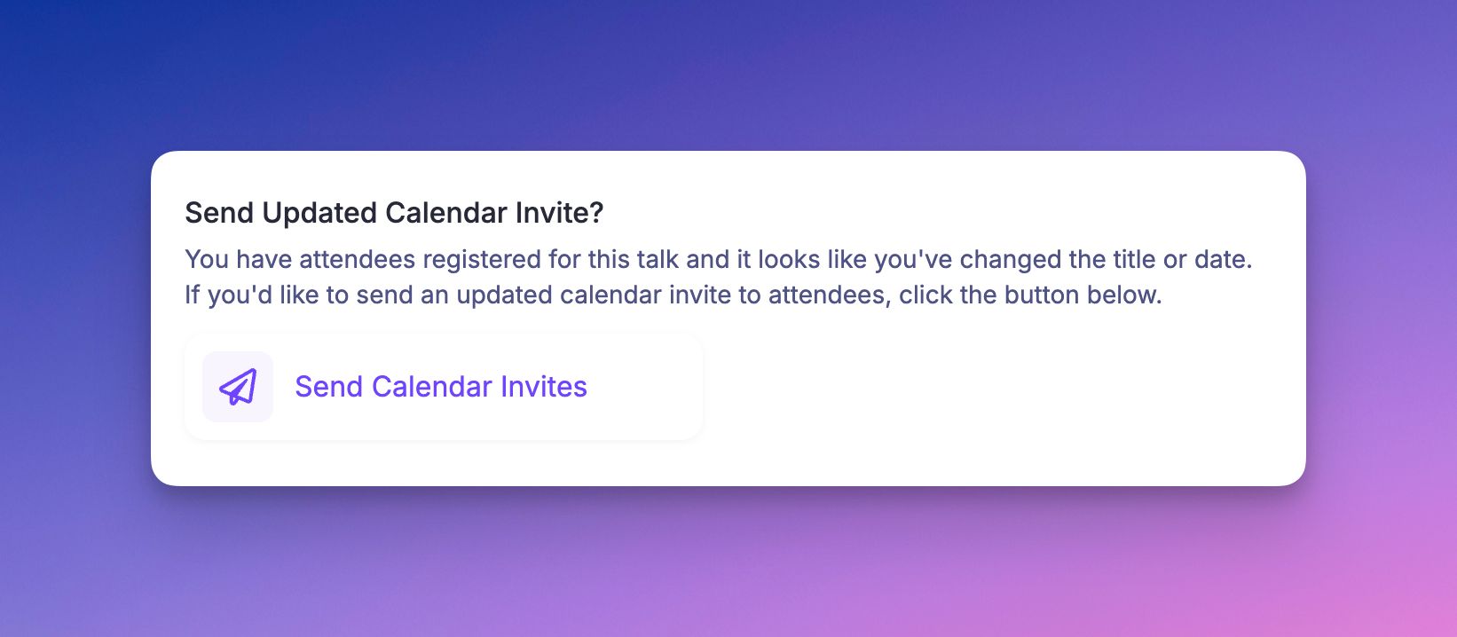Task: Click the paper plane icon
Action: coord(238,387)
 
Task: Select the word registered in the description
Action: coord(482,260)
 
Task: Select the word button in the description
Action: coord(1042,295)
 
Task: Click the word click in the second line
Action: coord(925,295)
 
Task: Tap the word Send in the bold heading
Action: coord(219,214)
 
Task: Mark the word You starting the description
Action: coord(207,260)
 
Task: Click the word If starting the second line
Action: coord(193,295)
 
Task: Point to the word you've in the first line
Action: coord(913,260)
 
